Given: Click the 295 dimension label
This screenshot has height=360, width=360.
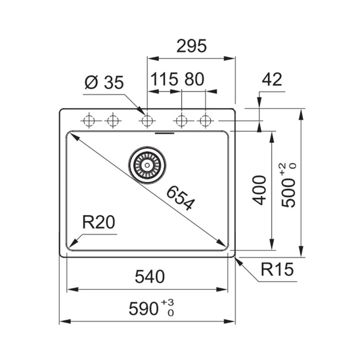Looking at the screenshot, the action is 192,46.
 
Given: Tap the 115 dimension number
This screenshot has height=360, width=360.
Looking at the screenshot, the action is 164,79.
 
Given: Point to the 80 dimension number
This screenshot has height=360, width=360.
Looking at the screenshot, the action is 194,79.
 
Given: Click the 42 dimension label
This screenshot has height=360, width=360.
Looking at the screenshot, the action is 272,79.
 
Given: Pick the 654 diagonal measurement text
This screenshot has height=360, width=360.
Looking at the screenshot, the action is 180,198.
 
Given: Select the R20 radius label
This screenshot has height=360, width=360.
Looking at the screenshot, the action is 98,222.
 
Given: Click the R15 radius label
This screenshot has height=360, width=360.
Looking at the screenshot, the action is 277,269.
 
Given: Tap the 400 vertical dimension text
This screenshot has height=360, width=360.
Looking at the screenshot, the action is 259,190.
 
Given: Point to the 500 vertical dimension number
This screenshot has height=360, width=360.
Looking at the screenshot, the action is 288,193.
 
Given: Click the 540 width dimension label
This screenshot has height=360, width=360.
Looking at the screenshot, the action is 150,276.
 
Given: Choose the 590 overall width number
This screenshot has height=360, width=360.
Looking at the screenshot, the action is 144,309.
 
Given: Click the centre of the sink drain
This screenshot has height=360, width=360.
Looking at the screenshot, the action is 147,165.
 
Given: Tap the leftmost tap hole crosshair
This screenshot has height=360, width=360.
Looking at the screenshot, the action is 89,120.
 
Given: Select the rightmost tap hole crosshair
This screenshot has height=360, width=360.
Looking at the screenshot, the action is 205,120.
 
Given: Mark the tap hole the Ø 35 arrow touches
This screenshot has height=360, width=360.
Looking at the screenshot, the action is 147,120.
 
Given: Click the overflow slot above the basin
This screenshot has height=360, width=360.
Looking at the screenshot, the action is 165,133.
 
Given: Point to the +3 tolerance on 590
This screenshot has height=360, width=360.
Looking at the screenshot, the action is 168,302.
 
